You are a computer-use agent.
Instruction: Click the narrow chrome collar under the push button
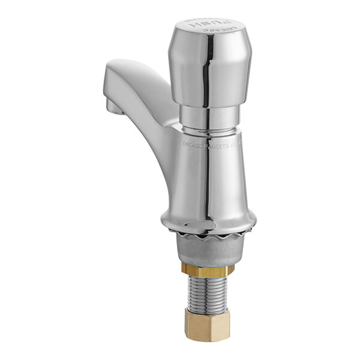click(208, 118)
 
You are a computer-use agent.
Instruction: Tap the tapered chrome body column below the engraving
click(207, 180)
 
